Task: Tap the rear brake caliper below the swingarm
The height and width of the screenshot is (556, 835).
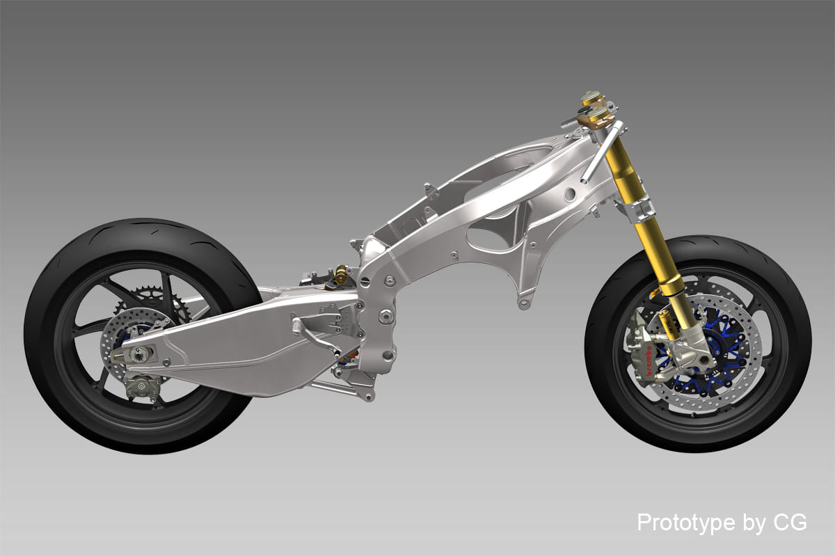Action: [141, 386]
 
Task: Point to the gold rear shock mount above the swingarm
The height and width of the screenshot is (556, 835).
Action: [340, 274]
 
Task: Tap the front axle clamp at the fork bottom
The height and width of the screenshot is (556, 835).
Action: [696, 359]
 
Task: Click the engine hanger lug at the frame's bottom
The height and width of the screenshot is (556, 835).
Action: [525, 300]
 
